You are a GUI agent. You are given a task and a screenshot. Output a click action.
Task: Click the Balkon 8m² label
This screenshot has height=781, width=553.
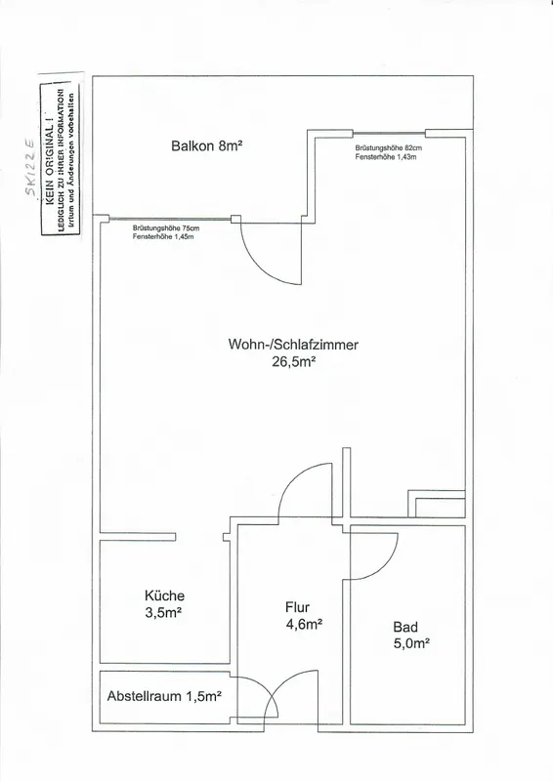(x=206, y=145)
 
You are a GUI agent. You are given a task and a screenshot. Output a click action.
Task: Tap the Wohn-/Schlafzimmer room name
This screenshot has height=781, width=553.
(x=293, y=345)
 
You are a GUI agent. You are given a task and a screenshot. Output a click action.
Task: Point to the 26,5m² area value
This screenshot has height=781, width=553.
(x=294, y=362)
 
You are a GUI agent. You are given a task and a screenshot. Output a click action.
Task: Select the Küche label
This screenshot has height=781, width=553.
(x=164, y=596)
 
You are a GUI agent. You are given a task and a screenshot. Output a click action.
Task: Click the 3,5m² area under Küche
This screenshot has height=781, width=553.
(x=163, y=613)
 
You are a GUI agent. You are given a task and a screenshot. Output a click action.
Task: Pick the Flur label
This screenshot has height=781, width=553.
(x=297, y=607)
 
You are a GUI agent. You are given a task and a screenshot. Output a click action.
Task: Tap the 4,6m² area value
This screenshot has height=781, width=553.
(x=304, y=624)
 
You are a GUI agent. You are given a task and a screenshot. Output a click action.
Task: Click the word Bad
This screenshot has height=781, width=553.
(x=405, y=627)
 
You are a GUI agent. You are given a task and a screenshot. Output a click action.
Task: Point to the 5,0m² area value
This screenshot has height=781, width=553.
(x=412, y=643)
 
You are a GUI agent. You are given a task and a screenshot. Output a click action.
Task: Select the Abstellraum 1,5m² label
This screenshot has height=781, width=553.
(x=164, y=696)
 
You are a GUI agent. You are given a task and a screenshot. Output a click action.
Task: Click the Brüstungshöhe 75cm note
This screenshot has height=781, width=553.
(x=166, y=228)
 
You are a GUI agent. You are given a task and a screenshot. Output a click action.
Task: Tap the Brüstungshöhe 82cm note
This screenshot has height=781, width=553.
(x=389, y=148)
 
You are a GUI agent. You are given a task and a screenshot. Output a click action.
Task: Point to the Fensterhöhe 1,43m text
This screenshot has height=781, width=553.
(x=386, y=157)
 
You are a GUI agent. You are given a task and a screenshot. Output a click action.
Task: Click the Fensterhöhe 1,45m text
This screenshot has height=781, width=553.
(x=163, y=237)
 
